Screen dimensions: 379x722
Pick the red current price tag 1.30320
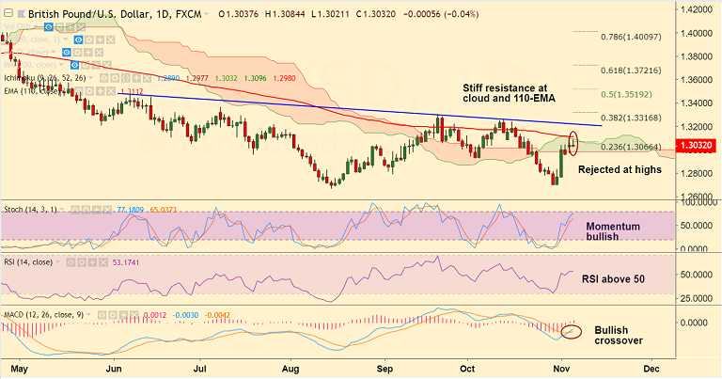696,147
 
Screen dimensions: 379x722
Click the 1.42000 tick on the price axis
697,9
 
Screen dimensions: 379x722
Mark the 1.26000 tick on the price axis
697,197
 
